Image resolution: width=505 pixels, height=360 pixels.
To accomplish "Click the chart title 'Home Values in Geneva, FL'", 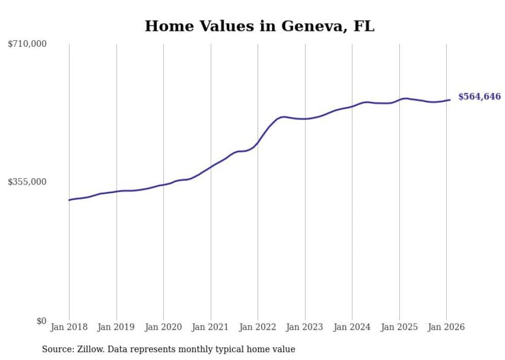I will tap(259, 26).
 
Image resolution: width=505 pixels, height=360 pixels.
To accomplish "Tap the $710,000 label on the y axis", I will tap(27, 44).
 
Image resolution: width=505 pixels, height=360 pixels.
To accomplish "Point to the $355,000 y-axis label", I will tap(27, 182).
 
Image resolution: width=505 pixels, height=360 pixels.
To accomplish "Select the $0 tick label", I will tap(41, 321).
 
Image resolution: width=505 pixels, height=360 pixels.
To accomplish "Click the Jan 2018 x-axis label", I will tap(69, 328).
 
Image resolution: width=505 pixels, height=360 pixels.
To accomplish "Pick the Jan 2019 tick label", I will tap(116, 328).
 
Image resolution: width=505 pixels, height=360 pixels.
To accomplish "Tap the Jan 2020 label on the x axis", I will tap(163, 328).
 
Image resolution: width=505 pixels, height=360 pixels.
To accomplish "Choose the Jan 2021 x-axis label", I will tap(210, 328).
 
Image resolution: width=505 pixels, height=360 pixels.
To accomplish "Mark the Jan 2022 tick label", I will tap(258, 328).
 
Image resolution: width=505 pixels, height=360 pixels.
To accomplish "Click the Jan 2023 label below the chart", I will tap(305, 328).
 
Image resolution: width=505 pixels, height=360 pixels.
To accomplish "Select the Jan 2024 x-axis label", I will tap(352, 328).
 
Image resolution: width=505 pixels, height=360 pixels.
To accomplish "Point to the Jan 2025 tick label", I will tap(399, 328).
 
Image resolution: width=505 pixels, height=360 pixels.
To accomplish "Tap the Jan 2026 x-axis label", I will tap(446, 328).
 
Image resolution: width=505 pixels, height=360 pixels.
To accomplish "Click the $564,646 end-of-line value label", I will tap(479, 97).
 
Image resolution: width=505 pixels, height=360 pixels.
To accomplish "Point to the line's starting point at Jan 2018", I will tap(69, 200).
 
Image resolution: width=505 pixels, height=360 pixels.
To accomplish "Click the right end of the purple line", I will tap(450, 100).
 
